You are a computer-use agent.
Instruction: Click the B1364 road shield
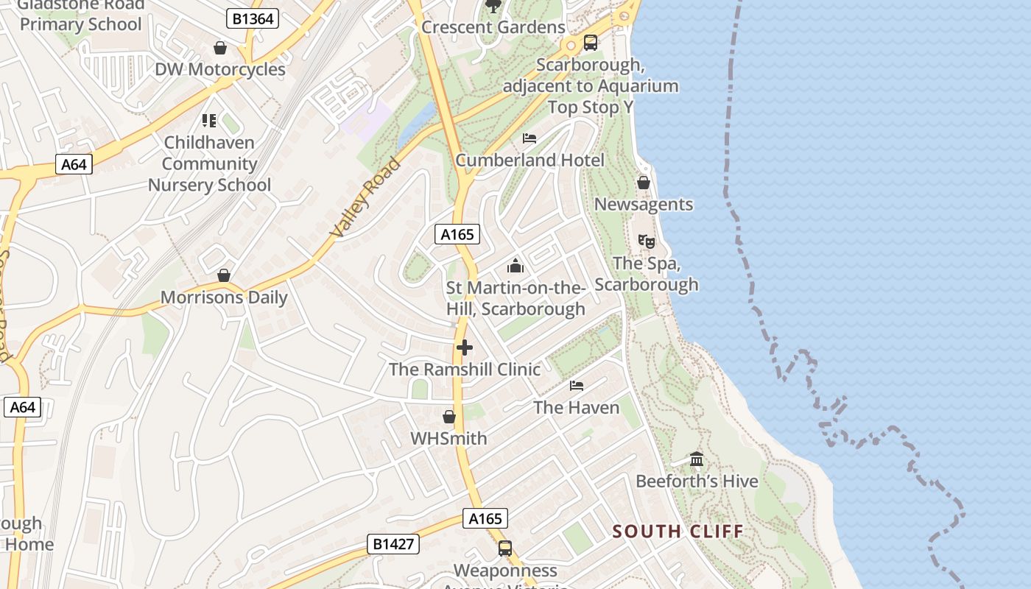[x=252, y=18]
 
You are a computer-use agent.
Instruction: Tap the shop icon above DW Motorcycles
[x=219, y=49]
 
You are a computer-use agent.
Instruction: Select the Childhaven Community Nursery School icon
[x=209, y=120]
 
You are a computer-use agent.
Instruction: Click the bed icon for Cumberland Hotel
[x=529, y=138]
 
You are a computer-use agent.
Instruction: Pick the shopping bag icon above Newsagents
[x=644, y=183]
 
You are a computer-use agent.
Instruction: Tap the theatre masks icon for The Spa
[x=646, y=241]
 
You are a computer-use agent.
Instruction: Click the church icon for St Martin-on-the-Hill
[x=515, y=266]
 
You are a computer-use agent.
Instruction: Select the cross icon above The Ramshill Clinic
[x=465, y=348]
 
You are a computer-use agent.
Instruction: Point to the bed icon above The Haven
[x=576, y=385]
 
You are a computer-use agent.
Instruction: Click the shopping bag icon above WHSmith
[x=449, y=417]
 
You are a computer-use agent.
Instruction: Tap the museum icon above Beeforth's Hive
[x=697, y=460]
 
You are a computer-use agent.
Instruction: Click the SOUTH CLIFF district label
[x=678, y=531]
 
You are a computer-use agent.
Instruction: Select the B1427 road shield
[x=393, y=544]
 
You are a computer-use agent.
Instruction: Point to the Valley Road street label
[x=366, y=197]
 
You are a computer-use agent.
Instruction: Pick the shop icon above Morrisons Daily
[x=224, y=275]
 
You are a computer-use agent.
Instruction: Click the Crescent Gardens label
[x=493, y=27]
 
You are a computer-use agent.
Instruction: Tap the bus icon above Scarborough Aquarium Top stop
[x=591, y=43]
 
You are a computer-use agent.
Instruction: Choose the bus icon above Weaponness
[x=505, y=549]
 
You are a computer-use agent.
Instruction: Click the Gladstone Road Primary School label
[x=81, y=15]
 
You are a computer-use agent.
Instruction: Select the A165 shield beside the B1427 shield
[x=485, y=518]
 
